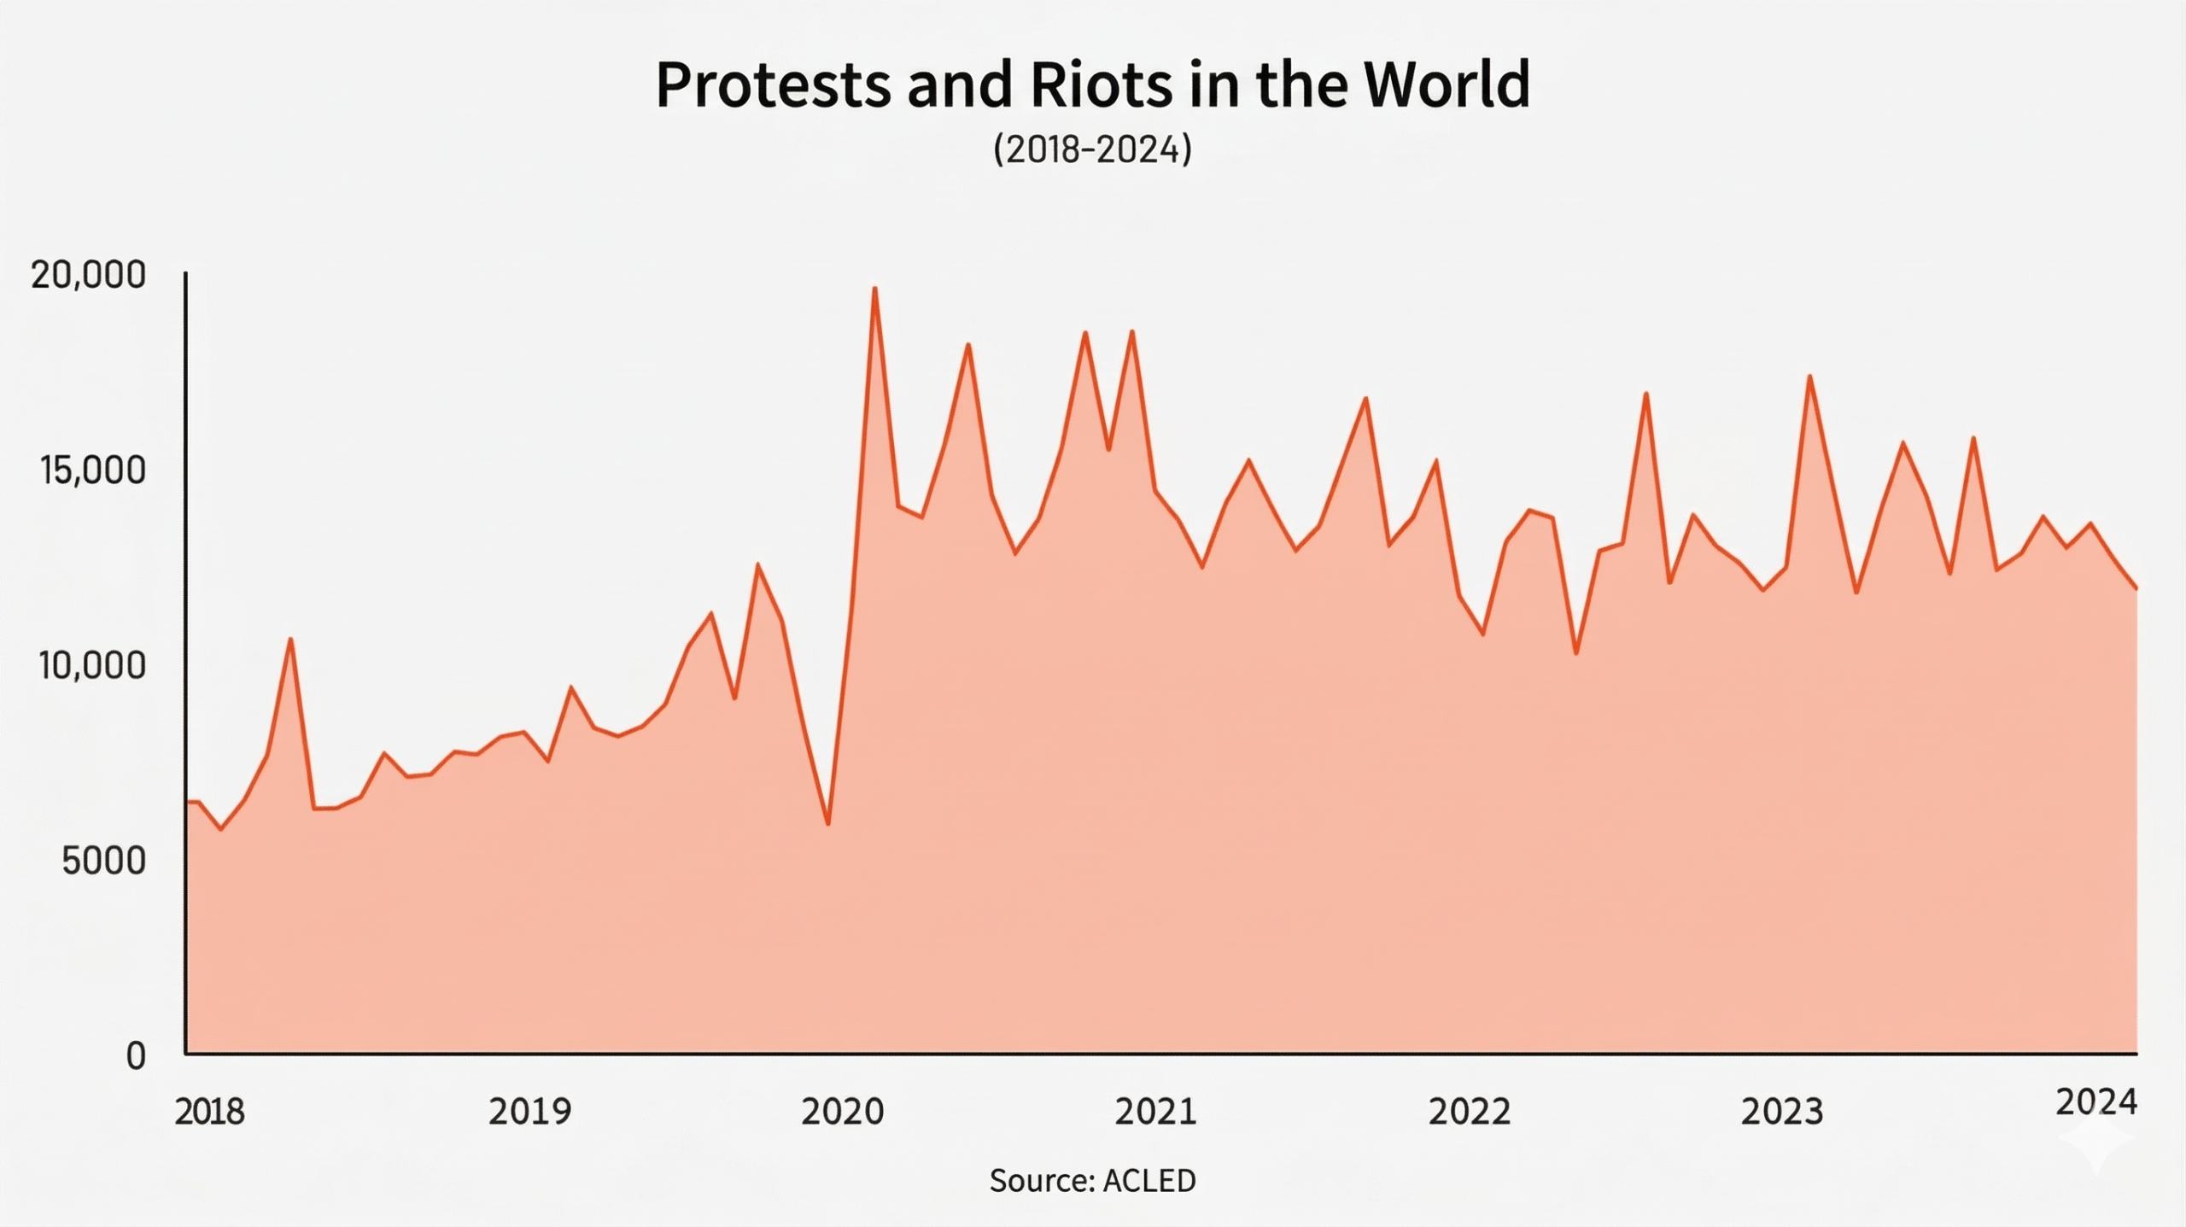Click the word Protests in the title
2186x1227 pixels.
772,85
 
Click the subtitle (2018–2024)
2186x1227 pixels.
1092,149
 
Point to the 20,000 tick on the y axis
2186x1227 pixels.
88,276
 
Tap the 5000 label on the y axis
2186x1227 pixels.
103,862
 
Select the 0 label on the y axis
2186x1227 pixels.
136,1057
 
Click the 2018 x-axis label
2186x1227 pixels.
209,1112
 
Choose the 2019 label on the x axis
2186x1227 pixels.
529,1112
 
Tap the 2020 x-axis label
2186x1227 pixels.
843,1112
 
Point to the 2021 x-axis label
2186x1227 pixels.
1156,1112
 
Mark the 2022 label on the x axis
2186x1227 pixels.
1470,1112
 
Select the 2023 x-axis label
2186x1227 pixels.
1782,1112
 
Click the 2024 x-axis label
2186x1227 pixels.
2096,1103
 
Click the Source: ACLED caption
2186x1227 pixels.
1092,1181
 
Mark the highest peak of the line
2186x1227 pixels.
874,289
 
